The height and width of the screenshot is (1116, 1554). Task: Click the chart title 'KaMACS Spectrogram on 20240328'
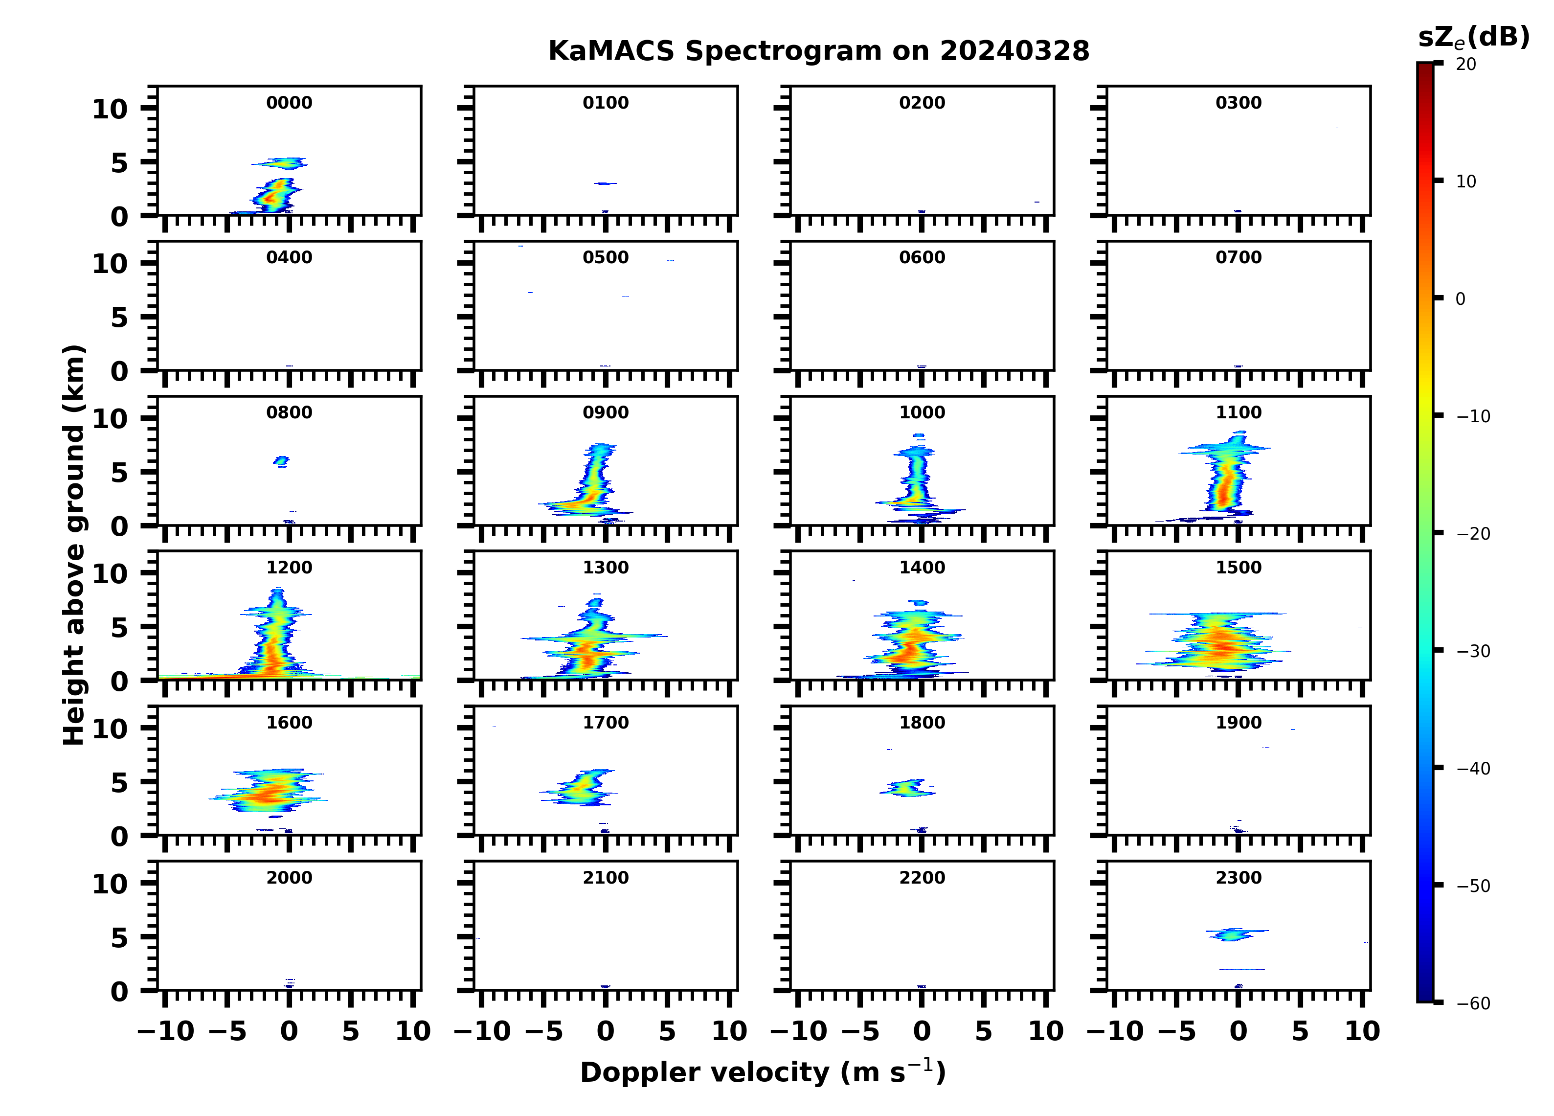click(x=818, y=51)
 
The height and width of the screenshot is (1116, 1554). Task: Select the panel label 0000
click(x=289, y=103)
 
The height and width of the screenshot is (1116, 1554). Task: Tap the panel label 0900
click(x=606, y=412)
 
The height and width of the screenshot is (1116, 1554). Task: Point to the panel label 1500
click(x=1238, y=568)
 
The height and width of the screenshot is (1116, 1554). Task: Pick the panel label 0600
click(x=922, y=258)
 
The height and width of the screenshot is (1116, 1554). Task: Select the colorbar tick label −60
click(x=1473, y=1003)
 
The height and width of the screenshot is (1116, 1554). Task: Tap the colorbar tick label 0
click(x=1460, y=299)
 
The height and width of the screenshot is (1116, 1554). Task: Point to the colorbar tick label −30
click(x=1473, y=651)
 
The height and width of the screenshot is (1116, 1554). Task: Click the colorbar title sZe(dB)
click(x=1473, y=37)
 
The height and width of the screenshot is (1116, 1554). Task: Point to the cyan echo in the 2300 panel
click(x=1233, y=934)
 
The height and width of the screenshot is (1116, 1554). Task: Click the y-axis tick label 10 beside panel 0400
click(x=110, y=264)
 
